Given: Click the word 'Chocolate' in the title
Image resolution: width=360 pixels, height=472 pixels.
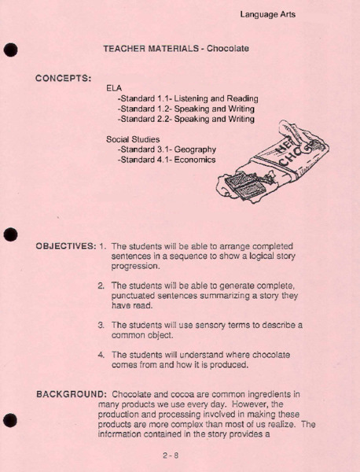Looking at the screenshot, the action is click(x=228, y=49).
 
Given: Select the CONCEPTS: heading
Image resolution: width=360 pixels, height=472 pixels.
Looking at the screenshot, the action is click(x=64, y=78).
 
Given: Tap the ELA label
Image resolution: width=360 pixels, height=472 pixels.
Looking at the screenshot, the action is click(x=115, y=88).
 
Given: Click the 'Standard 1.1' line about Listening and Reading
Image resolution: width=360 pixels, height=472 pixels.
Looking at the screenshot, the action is click(x=187, y=99).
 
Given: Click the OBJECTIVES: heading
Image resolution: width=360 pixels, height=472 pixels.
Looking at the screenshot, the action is click(x=65, y=245).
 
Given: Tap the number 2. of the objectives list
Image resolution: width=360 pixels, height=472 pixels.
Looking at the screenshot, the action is click(x=102, y=285).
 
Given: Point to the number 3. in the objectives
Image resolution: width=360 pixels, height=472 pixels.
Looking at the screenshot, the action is click(x=102, y=324).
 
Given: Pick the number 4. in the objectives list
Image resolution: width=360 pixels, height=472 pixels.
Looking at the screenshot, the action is click(x=102, y=354).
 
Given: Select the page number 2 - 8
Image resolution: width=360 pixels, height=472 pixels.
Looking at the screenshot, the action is click(x=171, y=454).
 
